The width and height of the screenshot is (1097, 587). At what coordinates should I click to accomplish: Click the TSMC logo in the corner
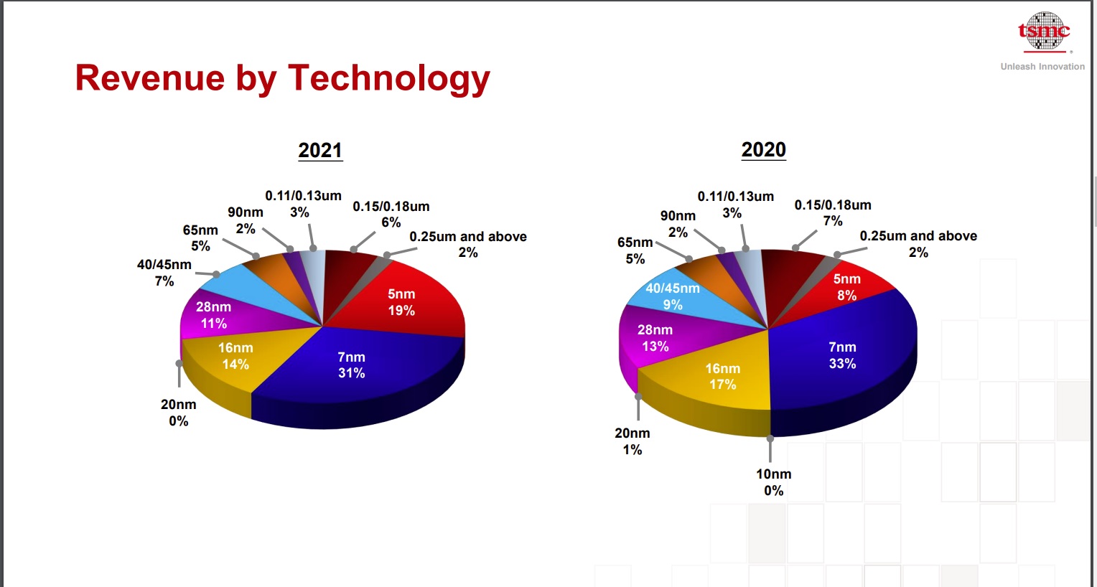click(1044, 32)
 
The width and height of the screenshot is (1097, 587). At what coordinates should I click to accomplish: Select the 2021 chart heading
click(320, 151)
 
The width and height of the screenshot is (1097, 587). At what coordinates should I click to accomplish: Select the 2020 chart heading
click(763, 150)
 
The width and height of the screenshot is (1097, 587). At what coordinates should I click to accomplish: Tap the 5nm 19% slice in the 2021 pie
click(401, 302)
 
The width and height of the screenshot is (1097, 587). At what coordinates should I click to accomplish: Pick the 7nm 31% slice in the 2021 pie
click(351, 365)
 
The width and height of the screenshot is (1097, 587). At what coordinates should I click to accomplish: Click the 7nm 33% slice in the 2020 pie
click(842, 355)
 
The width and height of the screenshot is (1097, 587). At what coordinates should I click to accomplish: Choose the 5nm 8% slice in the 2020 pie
click(846, 287)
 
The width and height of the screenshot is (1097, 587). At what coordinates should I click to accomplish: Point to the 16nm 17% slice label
click(722, 376)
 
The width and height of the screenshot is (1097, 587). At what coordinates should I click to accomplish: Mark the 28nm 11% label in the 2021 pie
click(213, 315)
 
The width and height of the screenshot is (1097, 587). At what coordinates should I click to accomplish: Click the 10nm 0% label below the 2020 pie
click(773, 482)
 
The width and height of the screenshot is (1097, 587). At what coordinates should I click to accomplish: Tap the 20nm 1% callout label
click(632, 441)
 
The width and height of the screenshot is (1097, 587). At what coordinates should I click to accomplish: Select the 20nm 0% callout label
click(178, 413)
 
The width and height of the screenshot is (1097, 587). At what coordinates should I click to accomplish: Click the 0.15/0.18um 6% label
click(391, 214)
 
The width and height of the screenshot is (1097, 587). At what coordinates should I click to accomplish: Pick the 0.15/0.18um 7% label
click(832, 212)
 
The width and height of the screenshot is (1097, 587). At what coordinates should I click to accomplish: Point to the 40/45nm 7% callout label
click(164, 273)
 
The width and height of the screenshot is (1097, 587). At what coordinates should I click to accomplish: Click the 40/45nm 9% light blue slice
click(672, 296)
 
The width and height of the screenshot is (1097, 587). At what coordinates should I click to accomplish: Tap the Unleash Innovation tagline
click(1042, 67)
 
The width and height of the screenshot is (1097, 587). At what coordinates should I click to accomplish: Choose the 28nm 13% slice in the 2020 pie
click(655, 338)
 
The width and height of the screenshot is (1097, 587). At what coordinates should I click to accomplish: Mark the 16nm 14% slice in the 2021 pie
click(235, 356)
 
